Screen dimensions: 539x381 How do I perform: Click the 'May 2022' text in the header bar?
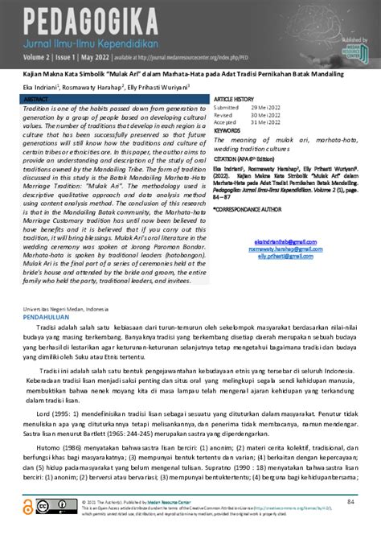tap(109, 56)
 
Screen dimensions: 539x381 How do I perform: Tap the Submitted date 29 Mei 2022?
tap(263, 107)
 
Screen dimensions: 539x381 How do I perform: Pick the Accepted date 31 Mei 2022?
tap(263, 121)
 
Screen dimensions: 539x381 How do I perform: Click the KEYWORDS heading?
tap(227, 130)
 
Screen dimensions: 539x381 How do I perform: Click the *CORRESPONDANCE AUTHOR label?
tap(251, 208)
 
